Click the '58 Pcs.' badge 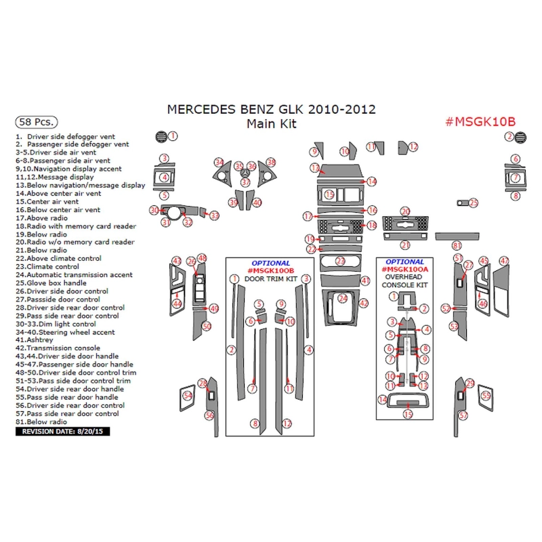[37, 122]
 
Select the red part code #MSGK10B [480, 122]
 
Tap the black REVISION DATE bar [62, 432]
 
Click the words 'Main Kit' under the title [272, 124]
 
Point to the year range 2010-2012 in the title [341, 109]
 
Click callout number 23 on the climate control [341, 261]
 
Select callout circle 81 [457, 245]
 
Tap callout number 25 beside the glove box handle [473, 203]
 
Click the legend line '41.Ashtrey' [35, 340]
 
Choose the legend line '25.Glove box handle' [51, 283]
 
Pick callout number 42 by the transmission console [364, 304]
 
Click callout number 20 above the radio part [405, 211]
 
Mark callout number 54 [188, 396]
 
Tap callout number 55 [486, 396]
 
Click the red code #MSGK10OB [270, 270]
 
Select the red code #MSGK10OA [404, 269]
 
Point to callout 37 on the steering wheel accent [245, 182]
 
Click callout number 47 [504, 261]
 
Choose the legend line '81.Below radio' [41, 421]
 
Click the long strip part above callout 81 [457, 236]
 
